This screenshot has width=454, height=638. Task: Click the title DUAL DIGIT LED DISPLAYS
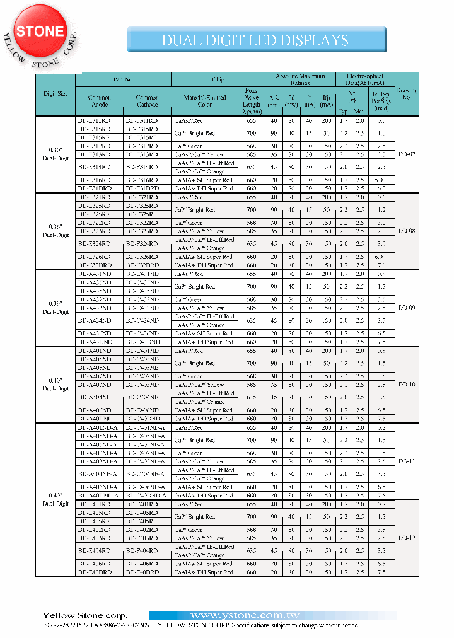(x=255, y=40)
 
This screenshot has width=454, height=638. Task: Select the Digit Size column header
(x=55, y=94)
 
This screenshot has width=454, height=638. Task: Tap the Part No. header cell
(x=124, y=80)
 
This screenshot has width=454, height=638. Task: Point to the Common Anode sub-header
(x=99, y=101)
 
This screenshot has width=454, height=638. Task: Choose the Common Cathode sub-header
(x=148, y=101)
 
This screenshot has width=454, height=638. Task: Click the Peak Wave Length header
(x=250, y=101)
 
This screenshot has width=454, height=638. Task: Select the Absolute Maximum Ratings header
(x=300, y=79)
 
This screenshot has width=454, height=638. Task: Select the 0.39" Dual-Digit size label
(x=55, y=308)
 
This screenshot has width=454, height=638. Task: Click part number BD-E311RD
(x=94, y=120)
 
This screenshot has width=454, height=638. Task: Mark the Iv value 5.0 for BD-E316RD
(x=378, y=180)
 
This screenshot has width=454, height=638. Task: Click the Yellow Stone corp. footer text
(x=84, y=615)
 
